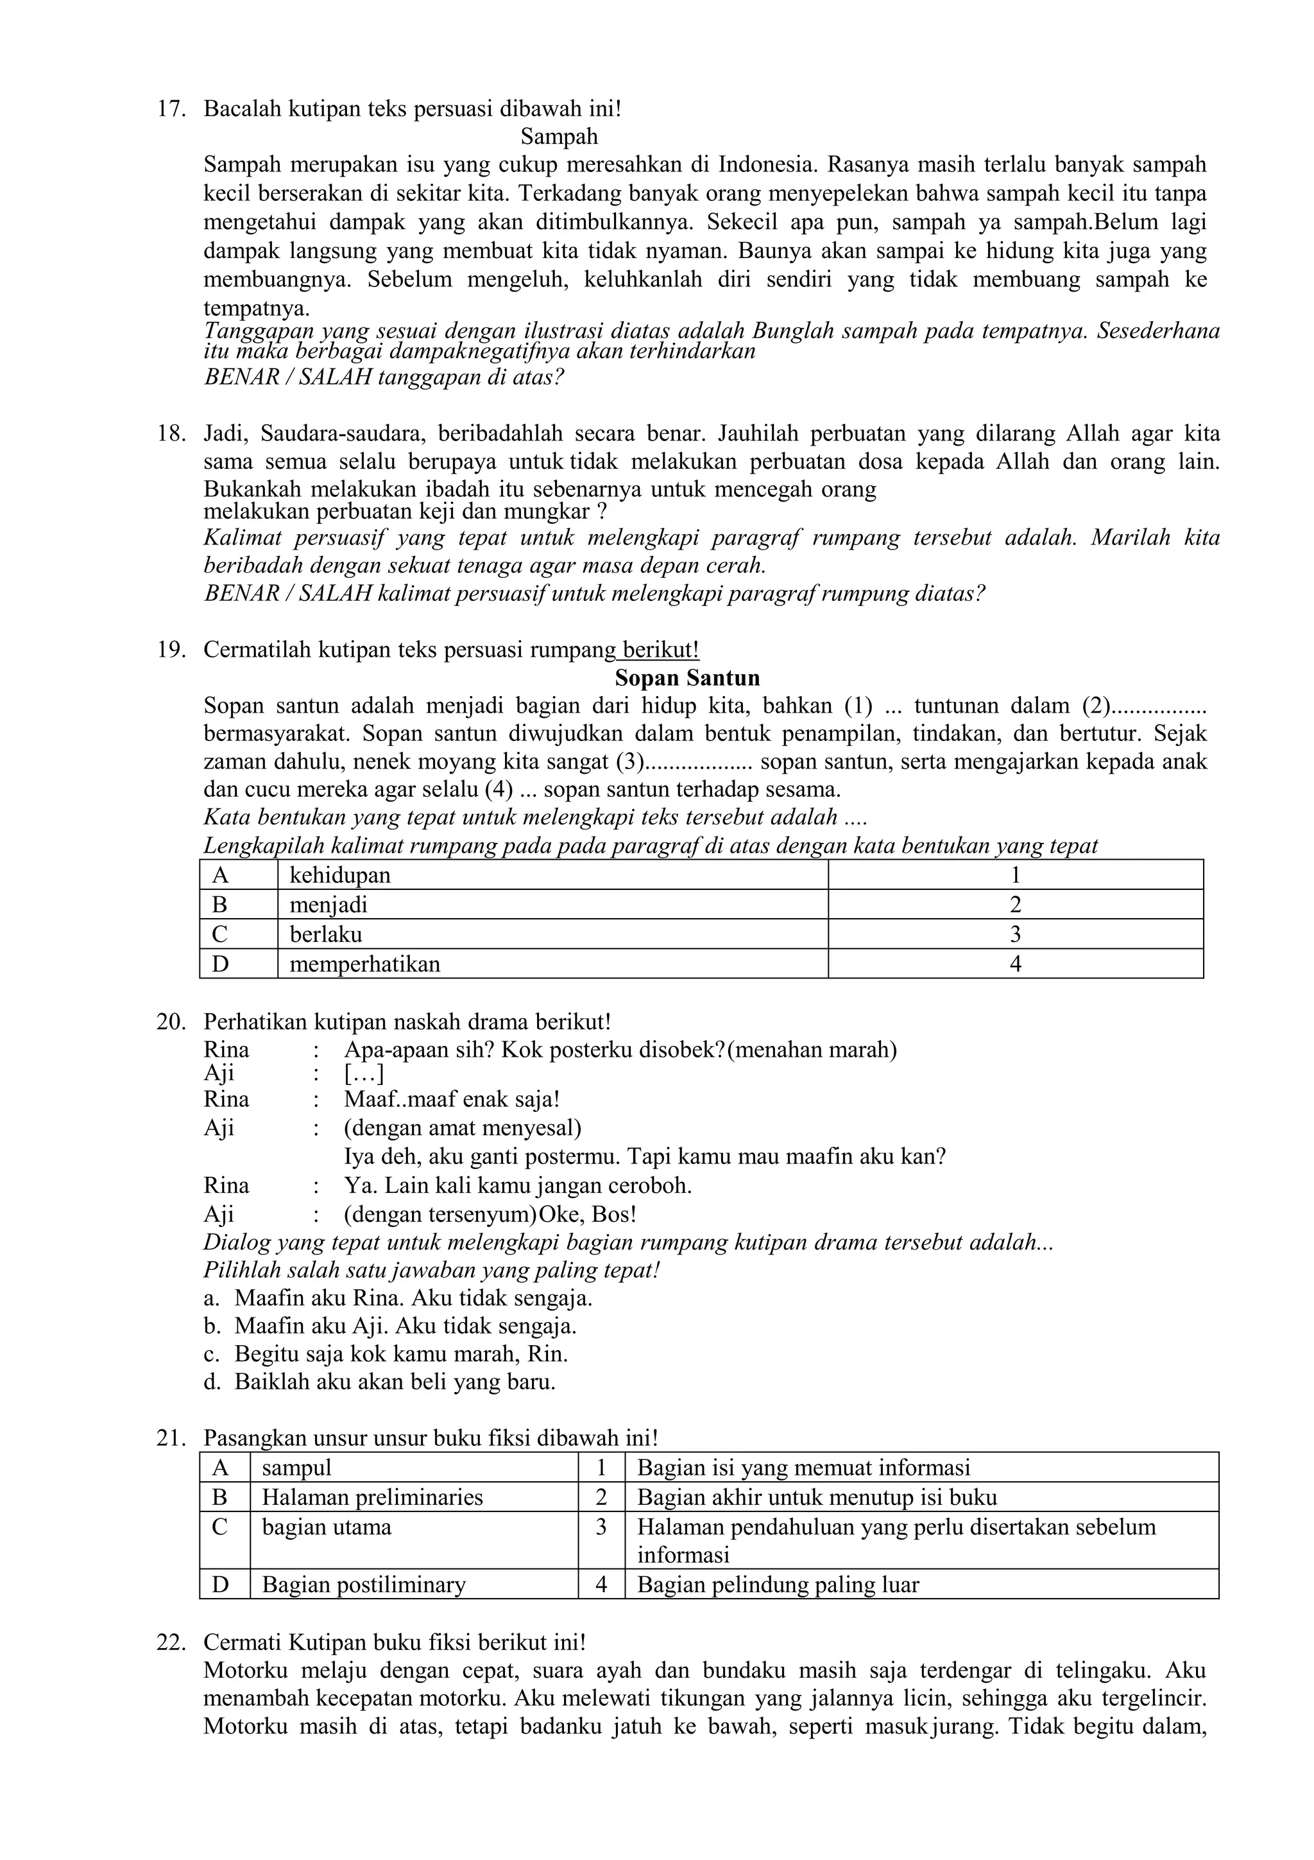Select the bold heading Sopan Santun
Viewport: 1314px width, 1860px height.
click(687, 677)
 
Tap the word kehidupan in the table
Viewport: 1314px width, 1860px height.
click(340, 875)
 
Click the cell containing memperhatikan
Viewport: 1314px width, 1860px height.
click(365, 964)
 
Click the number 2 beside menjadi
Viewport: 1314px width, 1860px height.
click(1015, 904)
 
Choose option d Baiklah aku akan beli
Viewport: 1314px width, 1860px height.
click(395, 1381)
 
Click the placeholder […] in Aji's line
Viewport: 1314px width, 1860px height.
click(364, 1074)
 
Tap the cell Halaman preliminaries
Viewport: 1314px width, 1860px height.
click(372, 1497)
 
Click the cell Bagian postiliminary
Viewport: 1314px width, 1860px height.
click(364, 1585)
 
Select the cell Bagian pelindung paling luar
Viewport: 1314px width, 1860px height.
click(778, 1585)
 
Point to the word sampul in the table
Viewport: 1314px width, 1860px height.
click(296, 1468)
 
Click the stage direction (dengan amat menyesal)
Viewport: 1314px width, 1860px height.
click(463, 1127)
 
